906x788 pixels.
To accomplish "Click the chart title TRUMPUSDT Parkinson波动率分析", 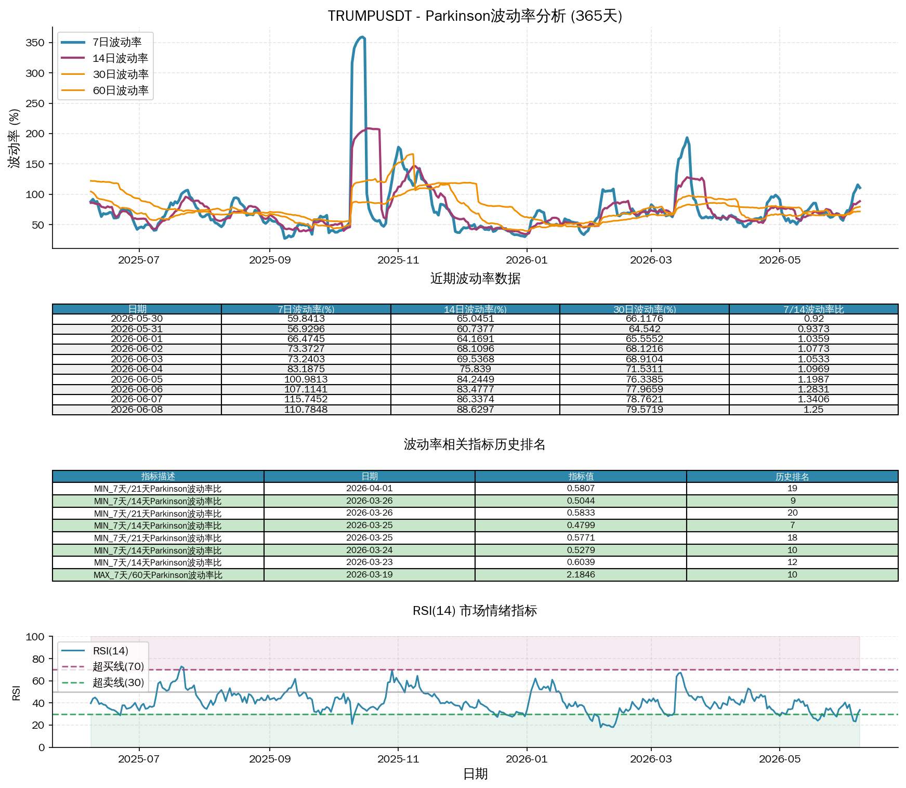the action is pos(475,16).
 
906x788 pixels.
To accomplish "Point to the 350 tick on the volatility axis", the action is pos(35,43).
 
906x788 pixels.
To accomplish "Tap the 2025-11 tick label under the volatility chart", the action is pos(398,260).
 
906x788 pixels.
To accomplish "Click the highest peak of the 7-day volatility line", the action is pos(362,37).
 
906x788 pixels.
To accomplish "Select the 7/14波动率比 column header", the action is pos(813,309).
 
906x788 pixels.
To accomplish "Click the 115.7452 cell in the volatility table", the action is pos(306,399).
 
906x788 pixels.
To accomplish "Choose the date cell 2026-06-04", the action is pos(137,369).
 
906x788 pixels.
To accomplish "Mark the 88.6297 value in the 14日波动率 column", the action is pos(475,410).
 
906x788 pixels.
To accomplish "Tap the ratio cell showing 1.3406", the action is pos(813,399).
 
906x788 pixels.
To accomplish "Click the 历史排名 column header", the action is pos(792,477).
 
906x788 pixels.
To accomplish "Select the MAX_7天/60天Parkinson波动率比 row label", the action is pos(158,575).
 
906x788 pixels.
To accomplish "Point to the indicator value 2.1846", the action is pos(581,575).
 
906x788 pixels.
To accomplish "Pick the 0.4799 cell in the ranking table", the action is pos(581,526).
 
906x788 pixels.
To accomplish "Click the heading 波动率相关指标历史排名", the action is pos(475,444).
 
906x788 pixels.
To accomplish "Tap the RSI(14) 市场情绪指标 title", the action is pos(475,611).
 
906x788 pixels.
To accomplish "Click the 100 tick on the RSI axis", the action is pos(35,637).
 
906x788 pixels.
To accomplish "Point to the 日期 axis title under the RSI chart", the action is pos(475,774).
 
